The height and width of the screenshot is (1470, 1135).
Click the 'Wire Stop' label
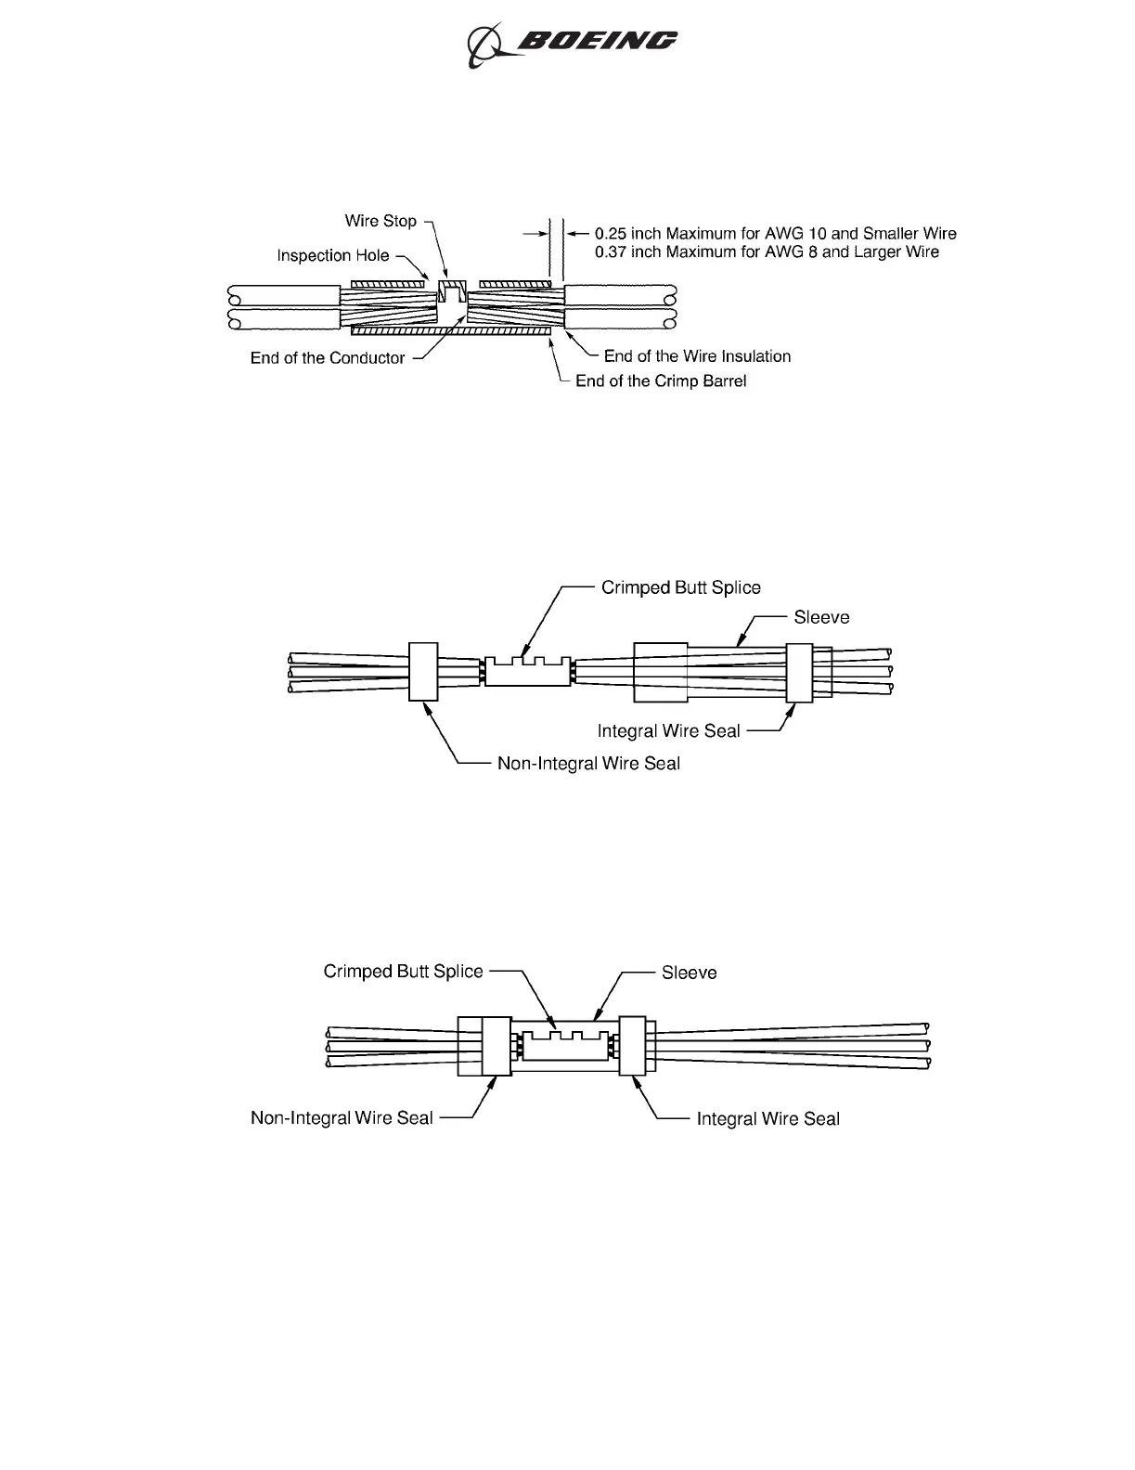(380, 221)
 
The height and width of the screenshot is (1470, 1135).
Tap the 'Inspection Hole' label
(333, 255)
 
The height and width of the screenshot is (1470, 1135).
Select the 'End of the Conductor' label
(328, 358)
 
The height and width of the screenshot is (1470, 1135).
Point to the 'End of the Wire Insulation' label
(697, 356)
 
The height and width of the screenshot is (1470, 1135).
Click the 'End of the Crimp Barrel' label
(661, 381)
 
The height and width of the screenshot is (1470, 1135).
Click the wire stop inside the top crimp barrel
(452, 294)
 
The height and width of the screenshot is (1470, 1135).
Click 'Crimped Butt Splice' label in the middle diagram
(680, 587)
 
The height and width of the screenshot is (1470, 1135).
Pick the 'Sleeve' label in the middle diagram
(821, 617)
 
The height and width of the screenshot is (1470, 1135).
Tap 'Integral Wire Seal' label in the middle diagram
(668, 731)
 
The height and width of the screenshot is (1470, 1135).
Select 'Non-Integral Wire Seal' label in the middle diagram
(588, 764)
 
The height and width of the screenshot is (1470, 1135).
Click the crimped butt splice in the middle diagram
(527, 672)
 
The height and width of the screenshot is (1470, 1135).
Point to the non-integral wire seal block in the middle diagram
(423, 671)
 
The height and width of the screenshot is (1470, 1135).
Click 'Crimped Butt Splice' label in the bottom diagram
(403, 972)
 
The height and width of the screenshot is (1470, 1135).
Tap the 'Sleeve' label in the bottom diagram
(689, 973)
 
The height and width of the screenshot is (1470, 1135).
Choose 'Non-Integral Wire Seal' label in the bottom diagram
(342, 1118)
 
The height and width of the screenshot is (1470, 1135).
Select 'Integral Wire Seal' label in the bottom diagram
(767, 1119)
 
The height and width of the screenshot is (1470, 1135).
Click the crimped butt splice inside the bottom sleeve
(564, 1046)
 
